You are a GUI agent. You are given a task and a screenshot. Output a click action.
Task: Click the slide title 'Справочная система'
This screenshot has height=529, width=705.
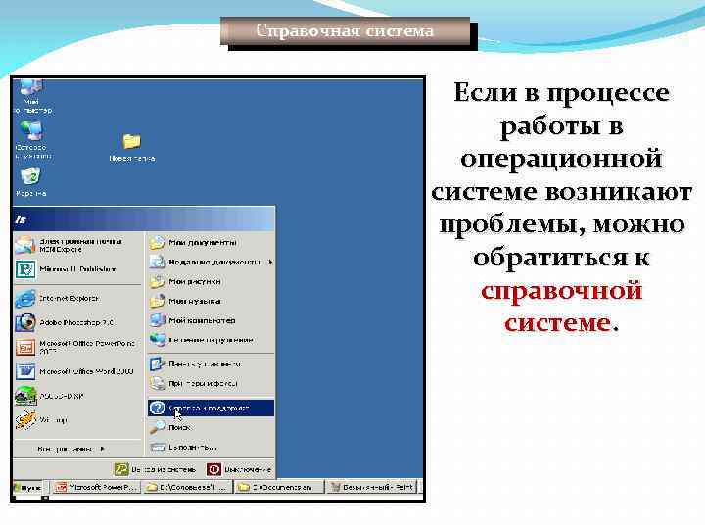tap(345, 31)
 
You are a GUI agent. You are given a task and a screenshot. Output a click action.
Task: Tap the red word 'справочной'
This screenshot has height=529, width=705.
tap(562, 291)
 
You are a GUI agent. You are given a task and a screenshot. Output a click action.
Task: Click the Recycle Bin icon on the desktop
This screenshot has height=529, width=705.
tap(30, 177)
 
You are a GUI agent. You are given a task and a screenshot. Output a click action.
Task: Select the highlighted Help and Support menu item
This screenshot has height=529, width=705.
tap(211, 408)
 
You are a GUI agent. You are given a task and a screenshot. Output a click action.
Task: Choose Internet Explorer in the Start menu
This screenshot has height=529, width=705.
tap(69, 298)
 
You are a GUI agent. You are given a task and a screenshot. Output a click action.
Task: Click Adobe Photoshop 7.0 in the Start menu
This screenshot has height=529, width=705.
tap(74, 321)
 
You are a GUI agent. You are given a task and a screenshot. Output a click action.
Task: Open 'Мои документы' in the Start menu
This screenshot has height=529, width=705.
tap(202, 241)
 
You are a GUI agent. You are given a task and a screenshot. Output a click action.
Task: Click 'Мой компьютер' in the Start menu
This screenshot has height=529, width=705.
tap(202, 320)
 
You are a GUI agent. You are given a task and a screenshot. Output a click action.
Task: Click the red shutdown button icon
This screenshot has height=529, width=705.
tap(214, 469)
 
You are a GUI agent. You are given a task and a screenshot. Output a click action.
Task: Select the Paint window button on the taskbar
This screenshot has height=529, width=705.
tap(373, 487)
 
